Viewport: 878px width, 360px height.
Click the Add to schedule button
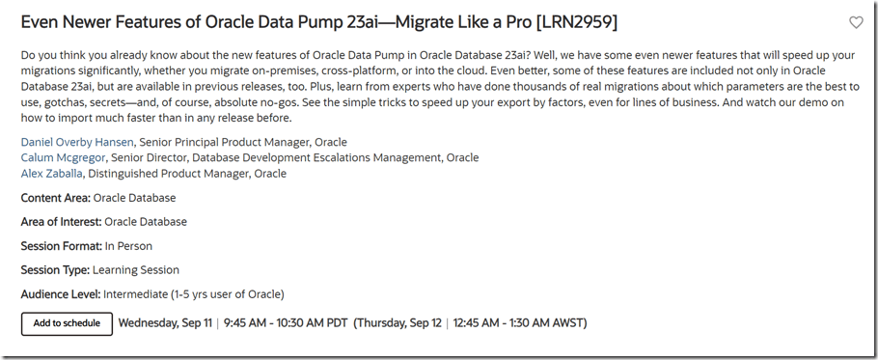point(67,323)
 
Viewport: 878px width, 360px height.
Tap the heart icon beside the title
point(856,22)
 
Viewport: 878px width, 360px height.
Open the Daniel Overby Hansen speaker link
point(77,142)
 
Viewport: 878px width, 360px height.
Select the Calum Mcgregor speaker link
point(63,158)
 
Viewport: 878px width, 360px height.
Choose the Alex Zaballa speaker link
point(51,174)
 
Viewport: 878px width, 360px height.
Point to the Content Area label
point(55,198)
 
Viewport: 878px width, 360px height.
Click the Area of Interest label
point(61,222)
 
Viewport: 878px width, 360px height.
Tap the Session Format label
point(61,246)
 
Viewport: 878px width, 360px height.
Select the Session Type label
point(55,270)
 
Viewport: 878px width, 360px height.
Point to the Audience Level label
point(61,294)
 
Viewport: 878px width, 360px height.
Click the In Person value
point(128,246)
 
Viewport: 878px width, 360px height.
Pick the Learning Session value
point(136,270)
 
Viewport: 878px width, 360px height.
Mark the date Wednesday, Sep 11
point(165,323)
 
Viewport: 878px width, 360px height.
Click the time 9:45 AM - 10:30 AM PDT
point(286,323)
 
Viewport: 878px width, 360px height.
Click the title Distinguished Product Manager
point(169,174)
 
